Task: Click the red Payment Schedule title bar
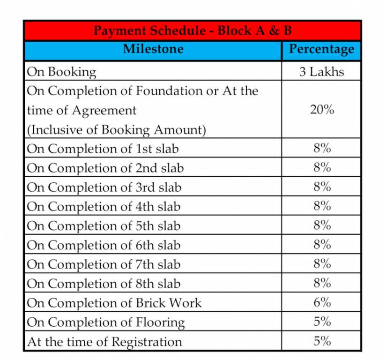click(193, 31)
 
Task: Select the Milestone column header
click(153, 49)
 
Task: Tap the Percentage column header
click(321, 49)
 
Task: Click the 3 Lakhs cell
click(321, 72)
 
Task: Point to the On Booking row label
click(61, 72)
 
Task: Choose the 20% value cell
click(321, 110)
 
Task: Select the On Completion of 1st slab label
click(103, 149)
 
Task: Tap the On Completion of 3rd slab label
click(104, 187)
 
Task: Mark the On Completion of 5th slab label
click(104, 225)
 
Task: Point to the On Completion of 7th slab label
click(104, 264)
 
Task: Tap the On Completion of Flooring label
click(105, 322)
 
